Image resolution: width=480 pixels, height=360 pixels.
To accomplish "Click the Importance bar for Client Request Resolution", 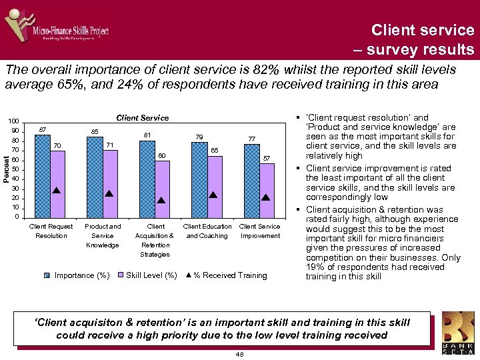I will [x=42, y=176].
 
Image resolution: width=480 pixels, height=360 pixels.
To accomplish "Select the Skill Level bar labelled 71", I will [x=110, y=183].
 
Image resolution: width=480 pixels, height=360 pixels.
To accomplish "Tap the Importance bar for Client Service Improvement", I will [x=251, y=181].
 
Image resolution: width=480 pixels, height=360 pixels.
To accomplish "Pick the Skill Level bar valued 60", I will [x=162, y=189].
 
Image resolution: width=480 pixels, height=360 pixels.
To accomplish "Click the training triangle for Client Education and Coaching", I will [x=213, y=195].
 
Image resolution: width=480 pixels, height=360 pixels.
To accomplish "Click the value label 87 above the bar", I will [x=42, y=129].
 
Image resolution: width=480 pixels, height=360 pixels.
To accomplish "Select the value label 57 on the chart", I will [x=267, y=158].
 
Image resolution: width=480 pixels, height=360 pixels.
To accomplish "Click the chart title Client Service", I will [x=143, y=118].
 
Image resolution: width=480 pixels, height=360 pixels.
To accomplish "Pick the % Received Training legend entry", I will [x=226, y=275].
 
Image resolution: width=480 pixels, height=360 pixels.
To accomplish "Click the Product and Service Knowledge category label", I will [x=103, y=235].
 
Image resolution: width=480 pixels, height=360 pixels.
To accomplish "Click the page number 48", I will [x=239, y=354].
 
